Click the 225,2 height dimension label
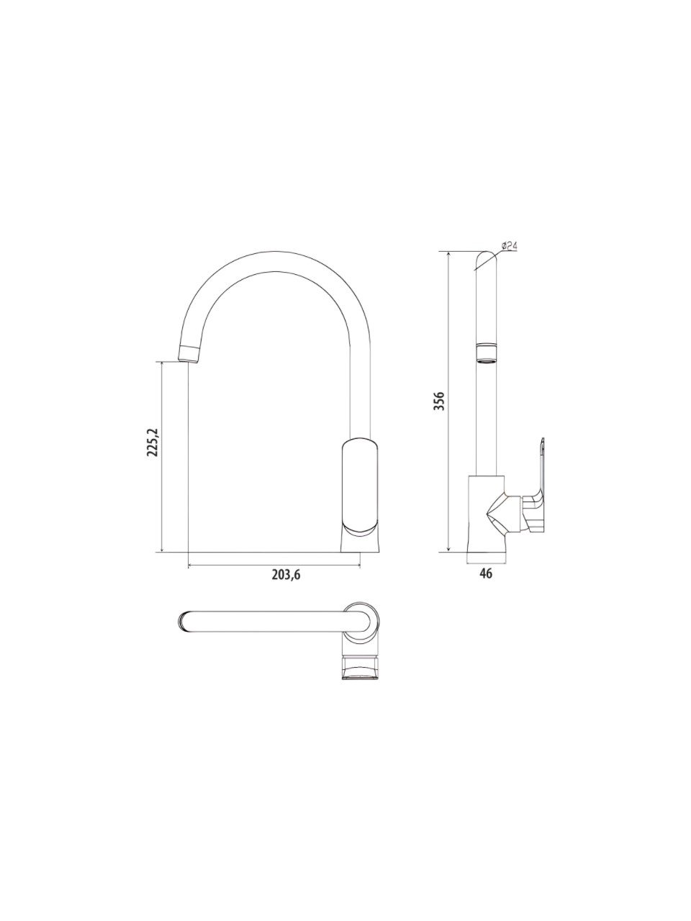tap(153, 443)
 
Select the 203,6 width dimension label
tap(286, 575)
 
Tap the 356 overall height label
tap(439, 401)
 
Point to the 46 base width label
tap(487, 573)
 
